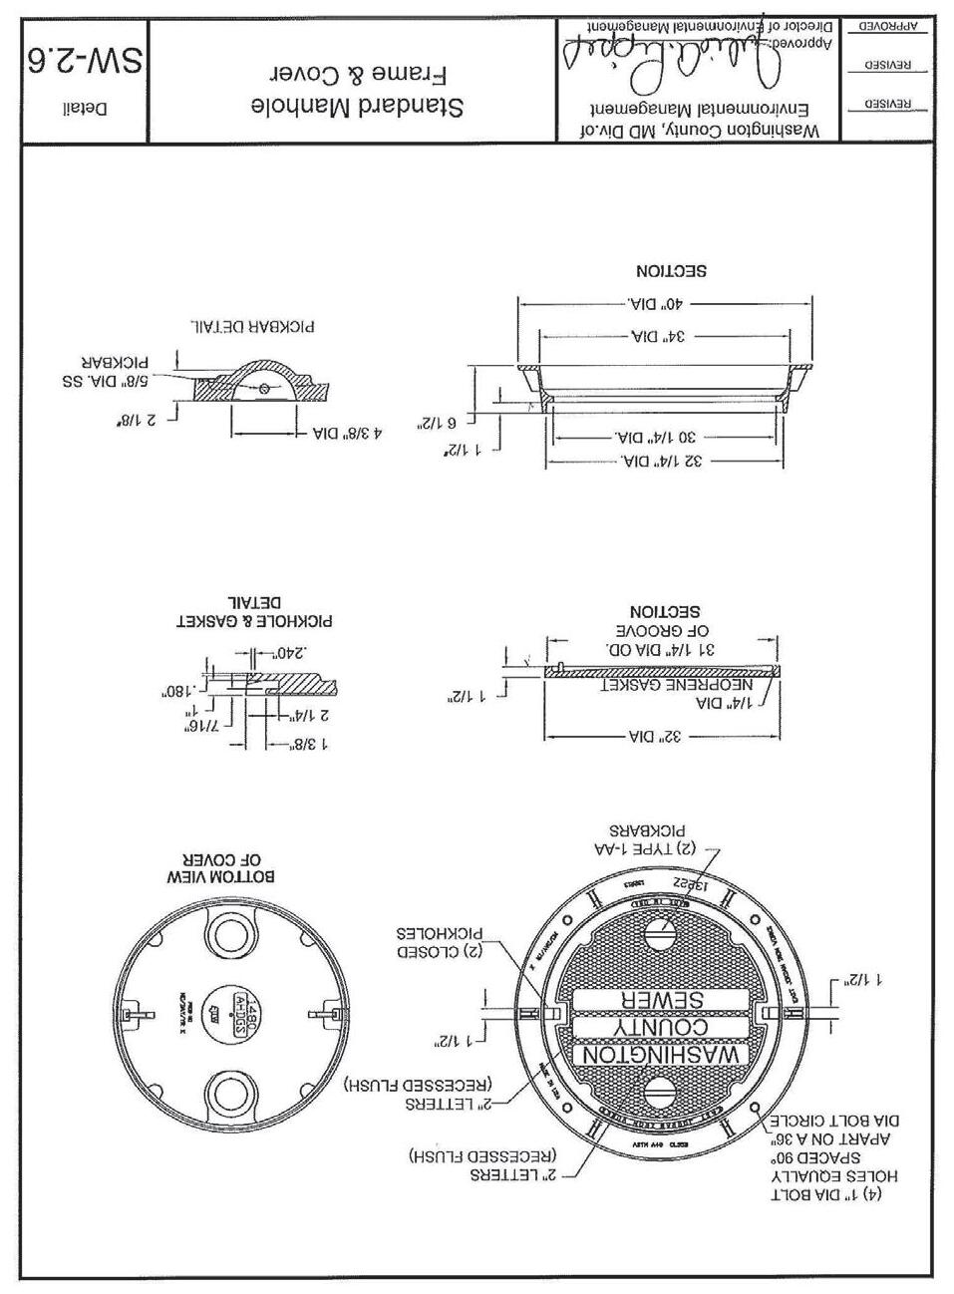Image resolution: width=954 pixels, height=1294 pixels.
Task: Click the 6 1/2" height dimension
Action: coord(441,423)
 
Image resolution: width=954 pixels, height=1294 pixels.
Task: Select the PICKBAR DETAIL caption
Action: coord(259,326)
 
